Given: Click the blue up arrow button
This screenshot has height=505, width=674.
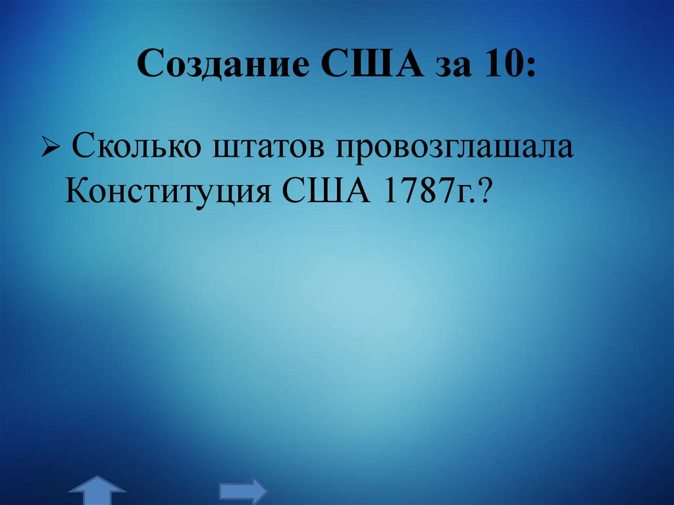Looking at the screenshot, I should coord(97,491).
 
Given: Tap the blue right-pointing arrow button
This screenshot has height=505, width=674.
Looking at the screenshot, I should coord(243,491).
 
